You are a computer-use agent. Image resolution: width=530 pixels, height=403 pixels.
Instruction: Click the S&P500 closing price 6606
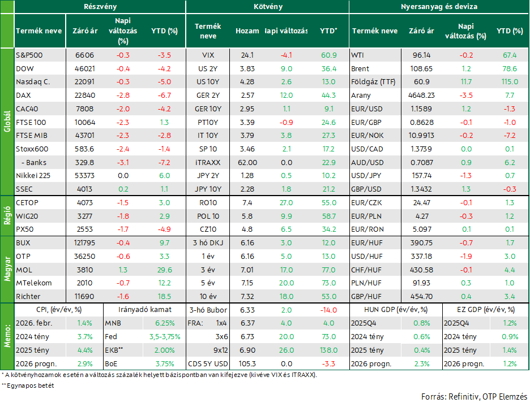(84, 55)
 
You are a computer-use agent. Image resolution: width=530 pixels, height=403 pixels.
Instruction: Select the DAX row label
(23, 96)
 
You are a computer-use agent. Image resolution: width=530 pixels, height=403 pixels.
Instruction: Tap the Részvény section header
(100, 7)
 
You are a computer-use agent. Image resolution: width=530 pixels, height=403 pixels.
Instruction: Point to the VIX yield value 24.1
(247, 55)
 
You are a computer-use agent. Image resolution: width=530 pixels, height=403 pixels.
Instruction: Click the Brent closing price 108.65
(421, 69)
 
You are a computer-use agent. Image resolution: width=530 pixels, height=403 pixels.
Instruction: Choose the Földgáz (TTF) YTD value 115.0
(510, 82)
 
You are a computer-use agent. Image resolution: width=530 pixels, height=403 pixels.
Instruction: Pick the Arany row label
(361, 96)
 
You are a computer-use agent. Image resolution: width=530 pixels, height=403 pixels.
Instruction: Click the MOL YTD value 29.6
(164, 270)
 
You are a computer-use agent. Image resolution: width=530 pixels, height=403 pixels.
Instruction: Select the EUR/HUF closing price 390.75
(421, 243)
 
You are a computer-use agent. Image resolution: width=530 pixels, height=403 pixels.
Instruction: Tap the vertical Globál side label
(7, 122)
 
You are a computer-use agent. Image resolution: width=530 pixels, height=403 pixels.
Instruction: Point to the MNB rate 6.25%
(165, 323)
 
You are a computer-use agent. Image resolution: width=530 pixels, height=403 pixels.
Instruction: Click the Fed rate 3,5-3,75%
(165, 337)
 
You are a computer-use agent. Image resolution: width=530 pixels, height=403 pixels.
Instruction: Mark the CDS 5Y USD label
(208, 364)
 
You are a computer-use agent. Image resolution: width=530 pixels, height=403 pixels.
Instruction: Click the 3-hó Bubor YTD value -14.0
(328, 310)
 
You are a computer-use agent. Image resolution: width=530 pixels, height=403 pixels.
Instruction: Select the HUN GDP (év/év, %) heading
(395, 310)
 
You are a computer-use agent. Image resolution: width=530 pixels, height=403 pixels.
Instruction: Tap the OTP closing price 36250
(84, 257)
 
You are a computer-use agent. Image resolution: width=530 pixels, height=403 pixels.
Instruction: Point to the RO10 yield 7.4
(247, 203)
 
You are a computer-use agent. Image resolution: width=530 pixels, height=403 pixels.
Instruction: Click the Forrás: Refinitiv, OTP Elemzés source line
(475, 397)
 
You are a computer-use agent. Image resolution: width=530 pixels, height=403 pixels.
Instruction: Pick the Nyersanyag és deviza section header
(439, 7)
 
